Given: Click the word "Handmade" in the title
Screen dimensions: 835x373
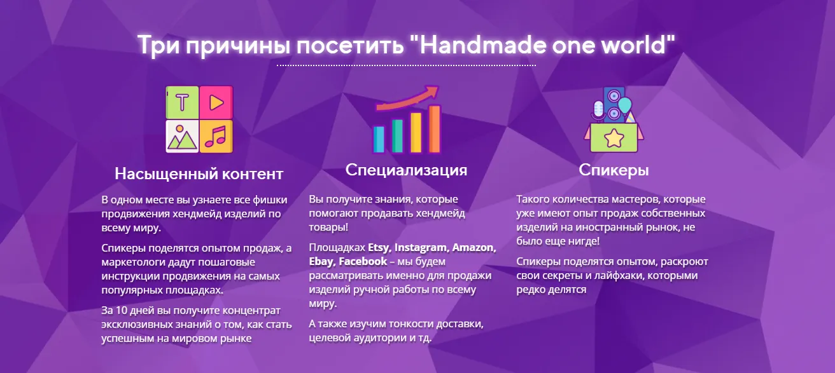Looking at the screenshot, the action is point(482,45).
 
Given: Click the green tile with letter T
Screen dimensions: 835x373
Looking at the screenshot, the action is point(182,102).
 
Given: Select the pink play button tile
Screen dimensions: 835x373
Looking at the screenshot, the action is point(216,102).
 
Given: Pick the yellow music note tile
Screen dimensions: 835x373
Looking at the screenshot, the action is point(216,136).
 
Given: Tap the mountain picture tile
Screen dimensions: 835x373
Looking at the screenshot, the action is point(182,136).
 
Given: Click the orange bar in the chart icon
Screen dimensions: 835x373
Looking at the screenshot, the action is point(434,129).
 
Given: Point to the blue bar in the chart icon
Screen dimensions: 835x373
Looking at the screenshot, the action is point(379,139).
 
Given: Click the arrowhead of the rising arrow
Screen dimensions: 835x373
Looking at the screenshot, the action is point(432,92).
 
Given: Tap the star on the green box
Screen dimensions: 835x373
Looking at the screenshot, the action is point(614,138).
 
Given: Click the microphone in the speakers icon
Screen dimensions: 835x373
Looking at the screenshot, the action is point(598,111).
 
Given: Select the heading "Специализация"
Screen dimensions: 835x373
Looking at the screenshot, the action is point(406,170).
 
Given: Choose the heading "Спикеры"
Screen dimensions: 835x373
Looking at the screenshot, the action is point(614,170).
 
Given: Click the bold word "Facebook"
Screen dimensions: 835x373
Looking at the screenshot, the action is point(363,261).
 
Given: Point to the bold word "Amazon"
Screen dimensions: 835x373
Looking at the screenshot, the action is point(474,248).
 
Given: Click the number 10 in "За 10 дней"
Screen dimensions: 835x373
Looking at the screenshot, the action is point(122,311).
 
